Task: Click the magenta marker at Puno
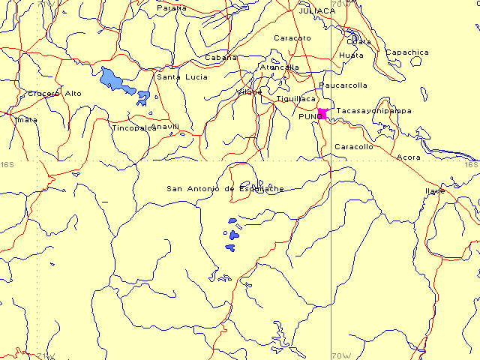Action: pyautogui.click(x=322, y=113)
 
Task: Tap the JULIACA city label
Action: pyautogui.click(x=316, y=10)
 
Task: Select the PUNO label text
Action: pyautogui.click(x=309, y=118)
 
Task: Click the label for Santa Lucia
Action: pyautogui.click(x=177, y=76)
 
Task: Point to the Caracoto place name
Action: pyautogui.click(x=292, y=37)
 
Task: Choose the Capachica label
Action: pyautogui.click(x=407, y=52)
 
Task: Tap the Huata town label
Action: pyautogui.click(x=351, y=55)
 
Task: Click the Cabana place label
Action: pyautogui.click(x=220, y=57)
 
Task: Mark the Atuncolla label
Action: pyautogui.click(x=279, y=67)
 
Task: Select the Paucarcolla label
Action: pyautogui.click(x=343, y=85)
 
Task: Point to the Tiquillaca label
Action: pyautogui.click(x=295, y=98)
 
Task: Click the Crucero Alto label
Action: pyautogui.click(x=55, y=93)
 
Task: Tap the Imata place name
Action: pyautogui.click(x=26, y=119)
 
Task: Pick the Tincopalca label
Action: pyautogui.click(x=133, y=128)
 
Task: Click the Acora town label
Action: pyautogui.click(x=408, y=157)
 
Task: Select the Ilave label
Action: pyautogui.click(x=436, y=190)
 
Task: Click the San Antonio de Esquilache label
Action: pyautogui.click(x=225, y=188)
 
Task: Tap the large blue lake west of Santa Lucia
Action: pyautogui.click(x=112, y=78)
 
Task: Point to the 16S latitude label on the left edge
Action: pyautogui.click(x=7, y=164)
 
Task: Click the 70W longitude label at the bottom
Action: pyautogui.click(x=340, y=355)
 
